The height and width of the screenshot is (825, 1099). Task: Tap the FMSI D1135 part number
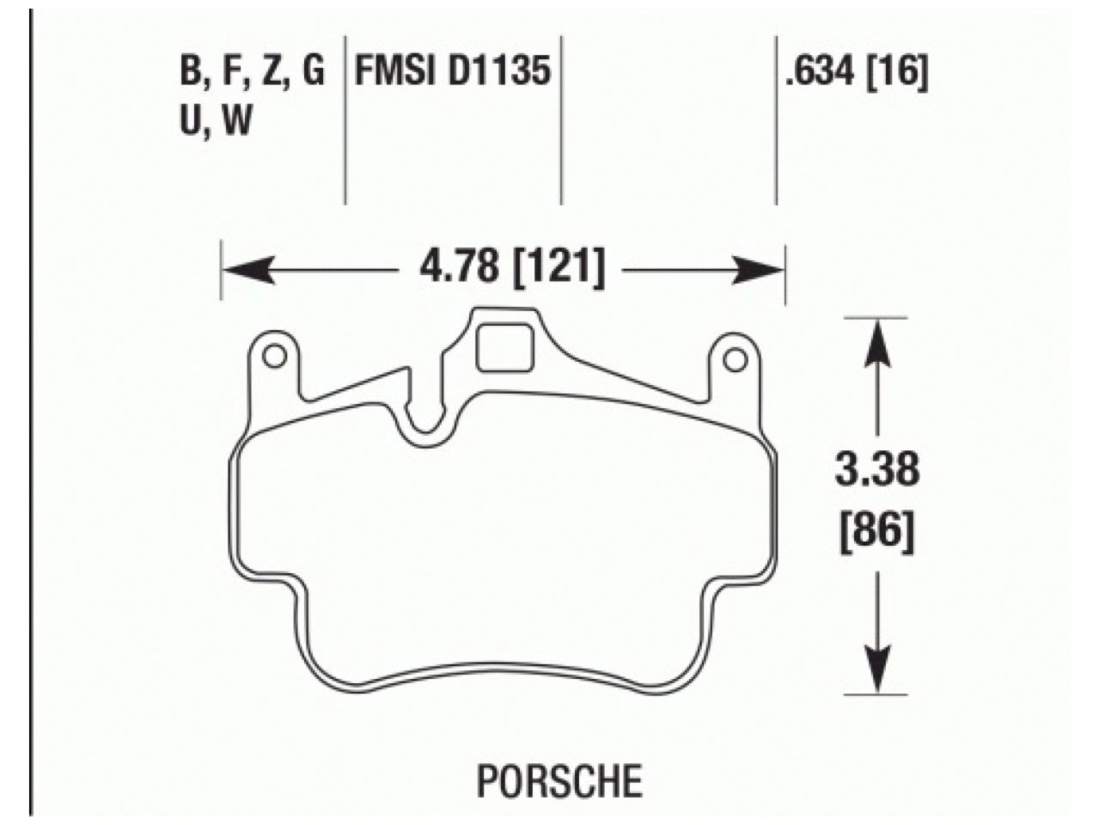coord(453,72)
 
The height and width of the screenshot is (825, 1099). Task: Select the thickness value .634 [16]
coord(856,72)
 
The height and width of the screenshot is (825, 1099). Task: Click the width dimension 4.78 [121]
coord(512,268)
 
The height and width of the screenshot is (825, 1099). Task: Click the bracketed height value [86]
coord(876,534)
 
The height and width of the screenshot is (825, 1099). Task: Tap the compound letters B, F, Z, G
coord(253,72)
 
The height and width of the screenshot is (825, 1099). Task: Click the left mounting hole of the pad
coord(274,356)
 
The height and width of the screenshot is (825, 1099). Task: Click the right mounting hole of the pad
coord(735,359)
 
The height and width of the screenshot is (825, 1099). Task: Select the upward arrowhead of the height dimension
coord(876,340)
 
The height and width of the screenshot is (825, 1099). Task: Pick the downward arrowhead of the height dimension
coord(876,669)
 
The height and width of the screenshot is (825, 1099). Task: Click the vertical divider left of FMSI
coord(345,120)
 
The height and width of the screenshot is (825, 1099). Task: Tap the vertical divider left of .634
coord(776,120)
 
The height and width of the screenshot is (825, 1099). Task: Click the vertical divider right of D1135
coord(561,120)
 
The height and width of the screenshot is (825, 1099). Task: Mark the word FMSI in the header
coord(396,72)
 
